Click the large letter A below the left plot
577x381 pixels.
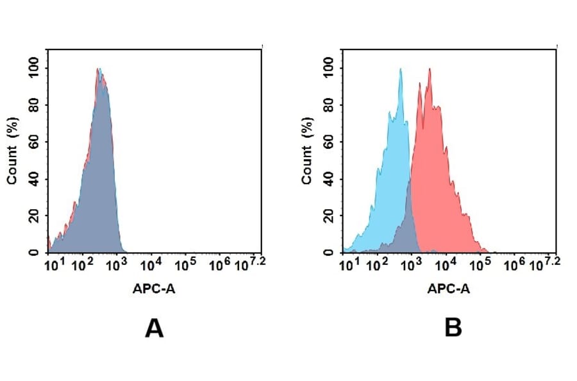[x=155, y=328]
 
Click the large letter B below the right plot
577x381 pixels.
[x=453, y=328]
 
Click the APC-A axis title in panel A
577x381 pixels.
[x=154, y=289]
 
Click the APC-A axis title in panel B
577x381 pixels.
[x=449, y=289]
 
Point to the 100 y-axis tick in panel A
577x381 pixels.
[x=34, y=67]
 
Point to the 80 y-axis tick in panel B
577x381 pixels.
[x=329, y=104]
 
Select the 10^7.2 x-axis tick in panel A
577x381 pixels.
[x=249, y=264]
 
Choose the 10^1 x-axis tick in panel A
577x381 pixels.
[x=53, y=264]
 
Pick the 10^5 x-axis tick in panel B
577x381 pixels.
[x=480, y=264]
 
